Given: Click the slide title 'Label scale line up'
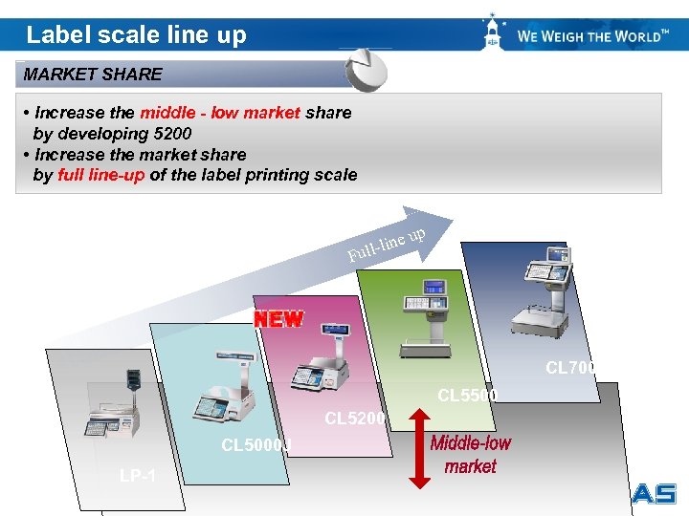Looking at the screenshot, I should pos(136,35).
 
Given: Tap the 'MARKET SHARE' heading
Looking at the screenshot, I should pos(93,75).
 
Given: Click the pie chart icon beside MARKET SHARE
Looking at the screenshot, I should pos(366,70).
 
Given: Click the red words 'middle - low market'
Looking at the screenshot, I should pos(220,113).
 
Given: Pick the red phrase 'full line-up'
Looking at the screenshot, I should pos(101,175).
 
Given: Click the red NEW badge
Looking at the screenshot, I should pos(278,319).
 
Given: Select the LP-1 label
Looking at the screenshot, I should pos(139,476).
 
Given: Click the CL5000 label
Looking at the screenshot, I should pos(255,444).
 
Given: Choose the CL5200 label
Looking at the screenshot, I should pos(354,419).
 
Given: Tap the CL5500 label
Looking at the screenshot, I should pos(467,395).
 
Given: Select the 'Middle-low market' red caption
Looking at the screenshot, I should pos(470,455).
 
